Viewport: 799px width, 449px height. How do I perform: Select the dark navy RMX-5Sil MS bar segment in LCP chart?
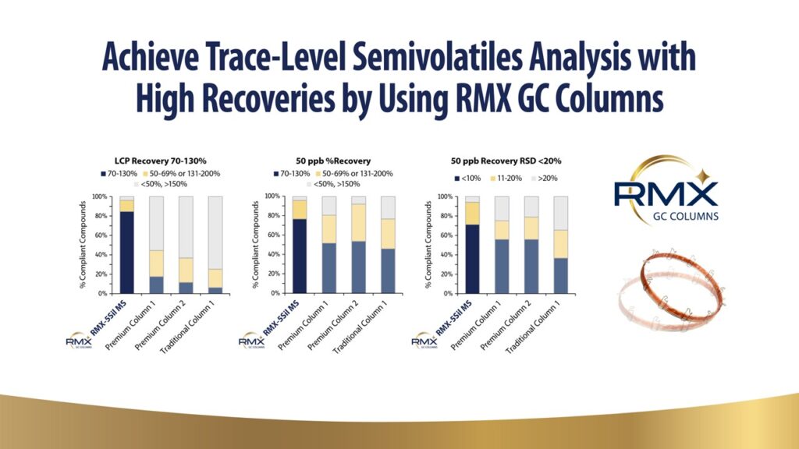coord(126,253)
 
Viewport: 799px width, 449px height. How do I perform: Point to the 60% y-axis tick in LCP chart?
coord(102,235)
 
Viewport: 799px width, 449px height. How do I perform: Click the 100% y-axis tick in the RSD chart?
coord(447,196)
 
